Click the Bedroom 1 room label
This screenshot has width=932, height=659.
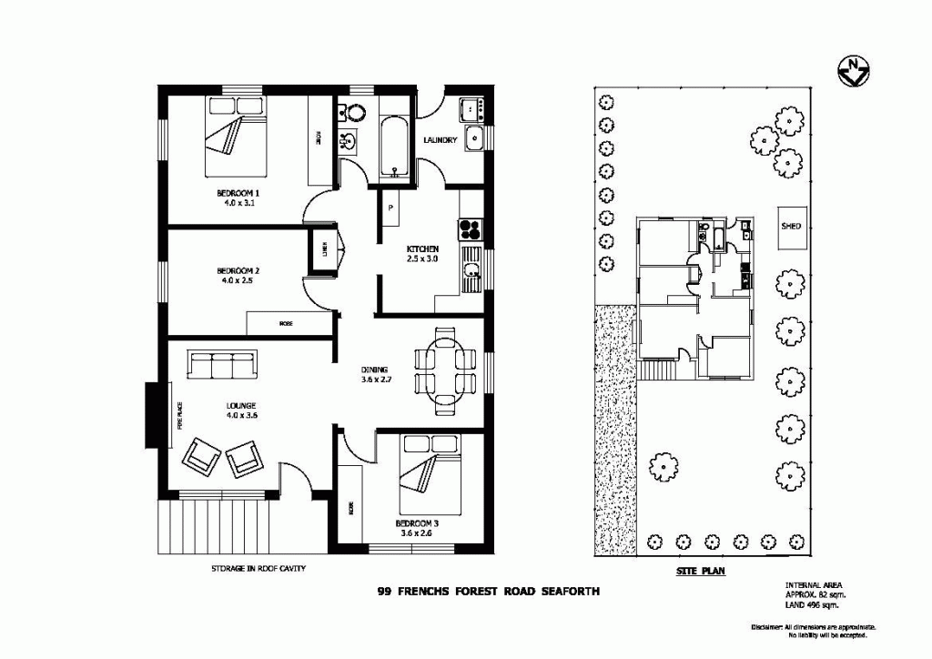[238, 198]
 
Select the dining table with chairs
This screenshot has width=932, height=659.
[445, 370]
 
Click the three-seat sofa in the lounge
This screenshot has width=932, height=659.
[223, 365]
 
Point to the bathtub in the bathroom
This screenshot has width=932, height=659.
[394, 146]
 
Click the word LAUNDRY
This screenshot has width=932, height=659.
[441, 140]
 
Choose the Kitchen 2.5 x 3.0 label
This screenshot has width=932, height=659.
[422, 254]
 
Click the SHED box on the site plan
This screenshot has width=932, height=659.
[791, 226]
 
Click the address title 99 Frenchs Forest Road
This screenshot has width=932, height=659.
[489, 591]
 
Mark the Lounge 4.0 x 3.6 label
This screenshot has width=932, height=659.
[241, 411]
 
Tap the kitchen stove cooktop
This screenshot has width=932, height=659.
[471, 226]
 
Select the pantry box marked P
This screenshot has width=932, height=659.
[390, 208]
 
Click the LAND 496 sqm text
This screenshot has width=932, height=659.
[812, 604]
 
